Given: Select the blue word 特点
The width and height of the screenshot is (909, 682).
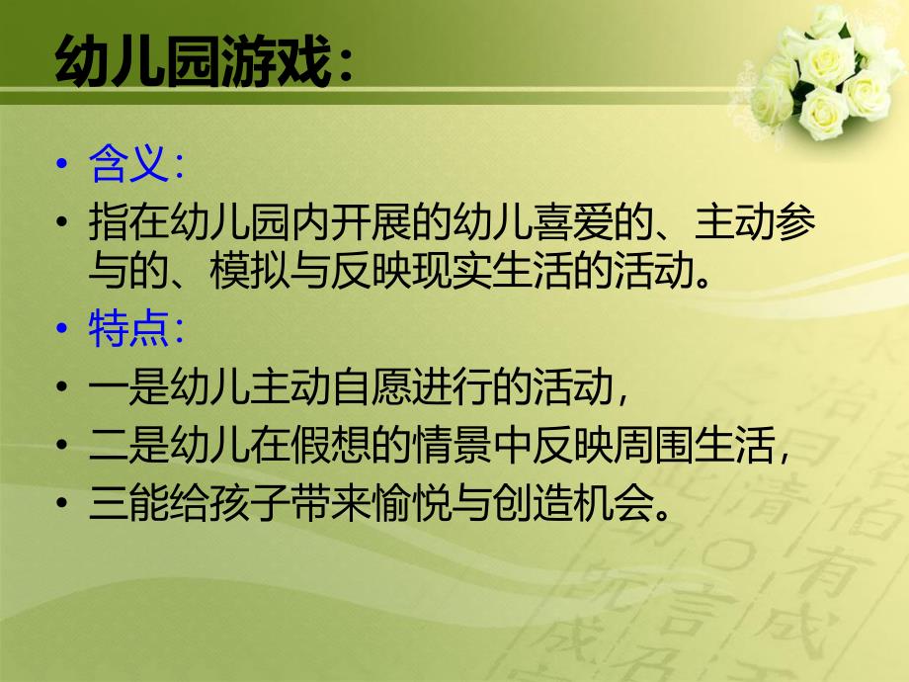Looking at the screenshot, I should tap(124, 330).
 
